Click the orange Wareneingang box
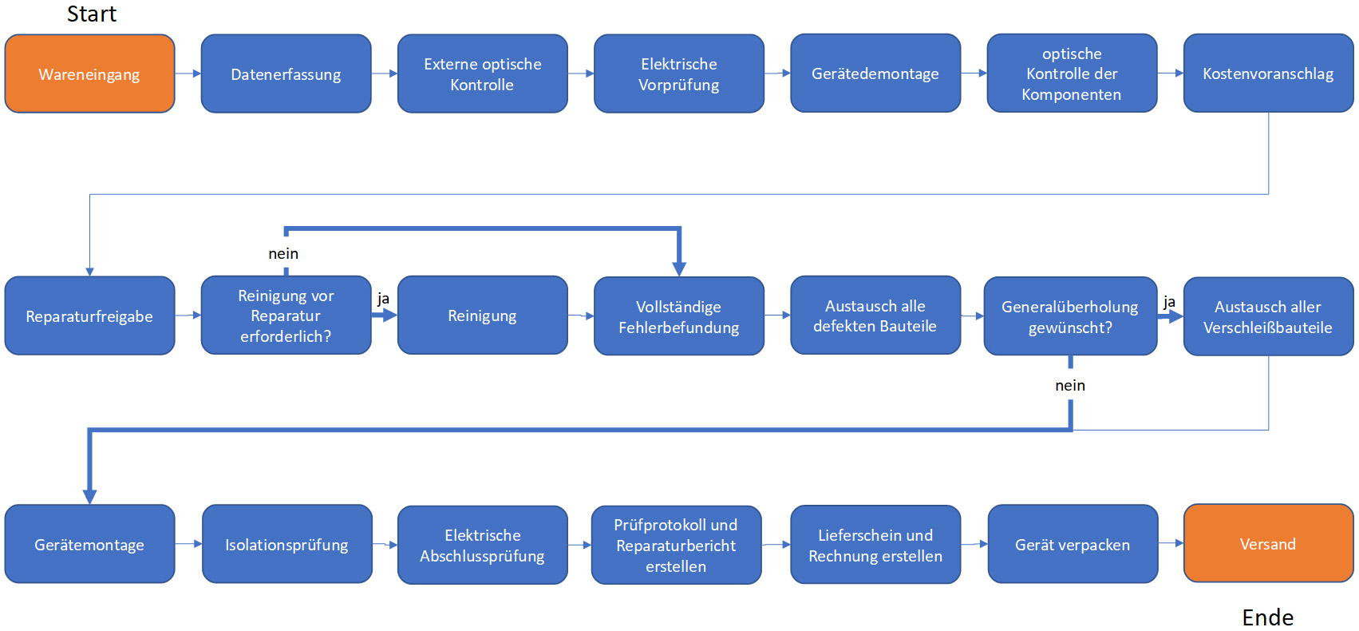click(x=90, y=73)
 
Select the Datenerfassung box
click(x=286, y=73)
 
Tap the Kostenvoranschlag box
click(x=1269, y=73)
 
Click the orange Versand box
click(x=1269, y=543)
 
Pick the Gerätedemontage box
click(x=875, y=73)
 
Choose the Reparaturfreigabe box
click(x=90, y=315)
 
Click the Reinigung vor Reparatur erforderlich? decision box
click(x=286, y=315)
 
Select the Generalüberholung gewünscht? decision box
click(x=1070, y=315)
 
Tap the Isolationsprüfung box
click(x=287, y=544)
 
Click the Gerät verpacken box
click(x=1073, y=544)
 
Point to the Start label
click(x=92, y=14)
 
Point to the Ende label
click(x=1267, y=617)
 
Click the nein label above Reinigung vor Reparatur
click(x=283, y=253)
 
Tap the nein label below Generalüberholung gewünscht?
click(x=1070, y=385)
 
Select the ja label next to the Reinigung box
click(x=383, y=299)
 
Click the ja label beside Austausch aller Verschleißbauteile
click(x=1169, y=302)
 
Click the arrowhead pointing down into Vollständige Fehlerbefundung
click(x=679, y=269)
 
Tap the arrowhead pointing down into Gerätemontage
click(x=90, y=497)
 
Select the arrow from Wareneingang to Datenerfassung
click(x=188, y=73)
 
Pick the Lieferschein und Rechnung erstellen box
click(x=875, y=544)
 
